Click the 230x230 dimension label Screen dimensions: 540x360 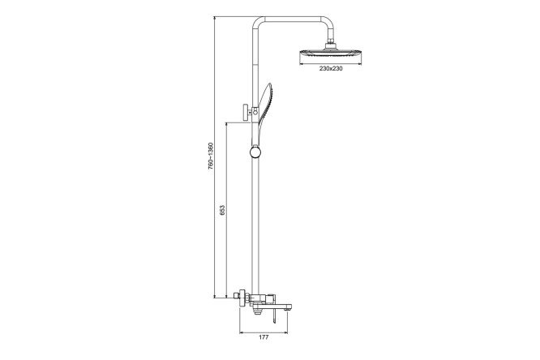click(331, 68)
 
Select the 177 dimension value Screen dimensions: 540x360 click(264, 337)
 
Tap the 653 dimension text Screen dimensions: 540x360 click(222, 210)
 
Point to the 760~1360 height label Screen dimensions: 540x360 click(211, 156)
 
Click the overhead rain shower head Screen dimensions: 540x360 click(331, 54)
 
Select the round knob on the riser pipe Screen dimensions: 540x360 click(255, 152)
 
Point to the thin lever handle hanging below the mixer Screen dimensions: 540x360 click(275, 316)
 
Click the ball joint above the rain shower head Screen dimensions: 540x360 click(330, 45)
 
